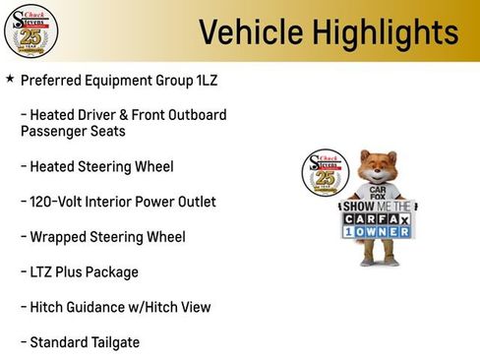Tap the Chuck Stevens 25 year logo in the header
click(30, 30)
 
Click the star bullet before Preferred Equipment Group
click(10, 79)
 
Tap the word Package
click(112, 271)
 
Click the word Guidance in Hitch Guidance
click(95, 307)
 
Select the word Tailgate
click(113, 342)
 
